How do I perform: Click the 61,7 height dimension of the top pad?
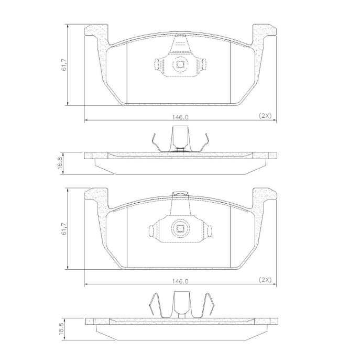coord(64,65)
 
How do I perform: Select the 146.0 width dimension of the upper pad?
coord(180,117)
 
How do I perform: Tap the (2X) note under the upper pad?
coord(265,116)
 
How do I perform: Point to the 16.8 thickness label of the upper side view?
coord(60,163)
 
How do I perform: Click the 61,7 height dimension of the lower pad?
coord(64,229)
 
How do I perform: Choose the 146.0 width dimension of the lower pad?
coord(180,281)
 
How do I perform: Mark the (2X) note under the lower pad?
coord(265,280)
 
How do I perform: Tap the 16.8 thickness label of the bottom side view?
coord(61,329)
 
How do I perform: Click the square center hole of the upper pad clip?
coord(180,64)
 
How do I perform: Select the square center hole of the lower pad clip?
coord(180,229)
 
